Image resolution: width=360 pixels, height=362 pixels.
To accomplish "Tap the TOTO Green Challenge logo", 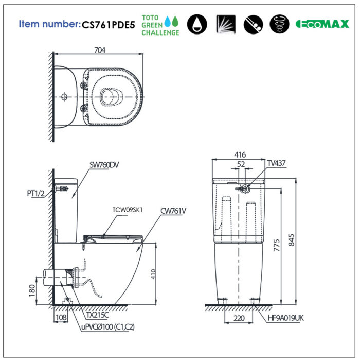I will [160, 24].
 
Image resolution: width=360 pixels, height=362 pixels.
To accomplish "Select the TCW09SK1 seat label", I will [127, 210].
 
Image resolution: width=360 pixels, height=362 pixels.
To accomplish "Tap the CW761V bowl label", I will [173, 210].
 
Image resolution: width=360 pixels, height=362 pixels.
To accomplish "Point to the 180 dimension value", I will [32, 290].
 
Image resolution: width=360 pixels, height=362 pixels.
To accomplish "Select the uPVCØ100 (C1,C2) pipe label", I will [107, 326].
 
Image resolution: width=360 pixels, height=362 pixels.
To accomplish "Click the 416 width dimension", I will [240, 154].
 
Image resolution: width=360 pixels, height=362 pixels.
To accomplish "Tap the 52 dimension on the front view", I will [241, 164].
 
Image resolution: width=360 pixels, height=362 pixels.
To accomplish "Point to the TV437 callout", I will [276, 163].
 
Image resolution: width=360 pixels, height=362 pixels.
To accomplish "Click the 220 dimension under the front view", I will [239, 318].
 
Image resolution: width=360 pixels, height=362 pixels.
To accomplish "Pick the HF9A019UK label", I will [285, 318].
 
